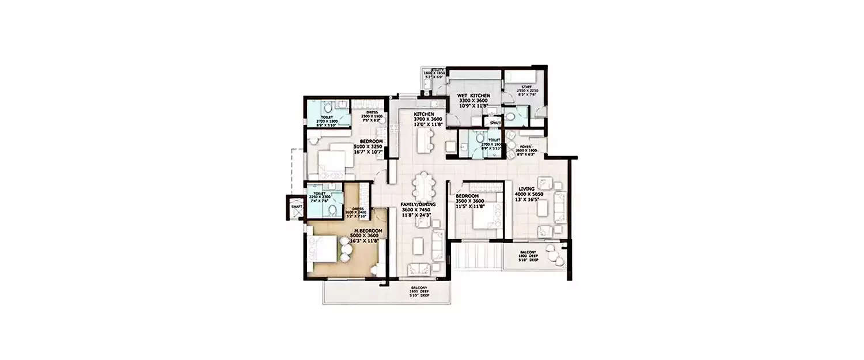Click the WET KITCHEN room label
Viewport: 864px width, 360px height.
473,95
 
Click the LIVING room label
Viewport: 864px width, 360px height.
526,188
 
